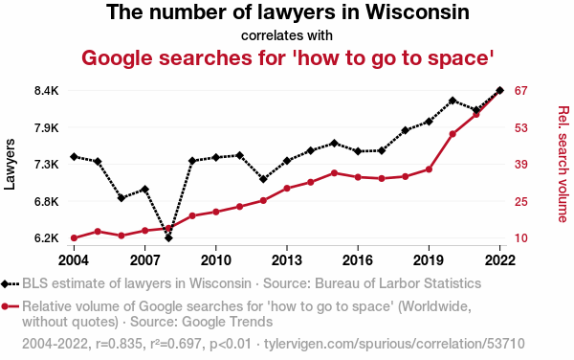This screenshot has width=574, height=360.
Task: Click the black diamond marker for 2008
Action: (168, 238)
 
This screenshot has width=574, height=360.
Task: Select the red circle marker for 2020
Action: (453, 134)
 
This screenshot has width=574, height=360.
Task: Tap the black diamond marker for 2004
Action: (74, 157)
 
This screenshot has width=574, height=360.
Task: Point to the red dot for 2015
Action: (334, 173)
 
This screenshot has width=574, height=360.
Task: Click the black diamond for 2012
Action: (263, 179)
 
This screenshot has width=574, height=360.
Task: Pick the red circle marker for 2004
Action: (74, 238)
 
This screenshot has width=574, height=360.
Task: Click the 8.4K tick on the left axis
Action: (47, 90)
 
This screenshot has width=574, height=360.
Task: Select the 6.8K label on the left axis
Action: (47, 202)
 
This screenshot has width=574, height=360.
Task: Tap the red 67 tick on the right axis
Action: (520, 90)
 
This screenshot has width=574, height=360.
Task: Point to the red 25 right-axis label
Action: (520, 202)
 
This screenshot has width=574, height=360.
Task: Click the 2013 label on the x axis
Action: (287, 260)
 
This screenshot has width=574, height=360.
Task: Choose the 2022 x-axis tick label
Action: (499, 260)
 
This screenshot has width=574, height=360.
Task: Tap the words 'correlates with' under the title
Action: (287, 35)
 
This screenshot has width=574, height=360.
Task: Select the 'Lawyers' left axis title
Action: (10, 165)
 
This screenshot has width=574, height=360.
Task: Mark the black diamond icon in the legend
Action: (5, 283)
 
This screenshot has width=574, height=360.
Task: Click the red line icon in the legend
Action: (10, 306)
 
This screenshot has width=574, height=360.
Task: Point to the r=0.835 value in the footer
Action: (119, 344)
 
